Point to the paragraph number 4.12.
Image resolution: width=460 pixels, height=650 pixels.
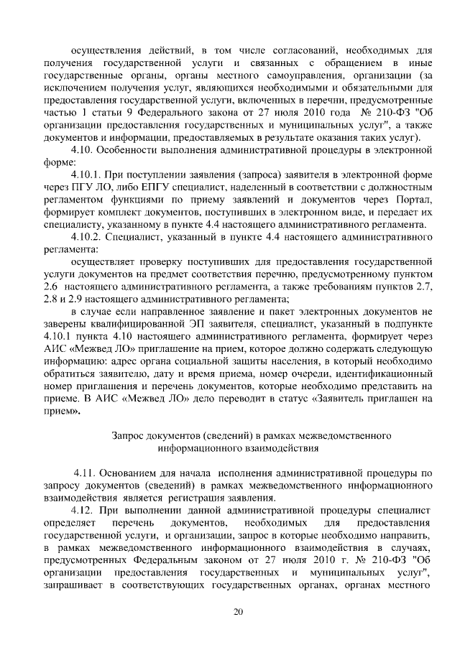[89, 509]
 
